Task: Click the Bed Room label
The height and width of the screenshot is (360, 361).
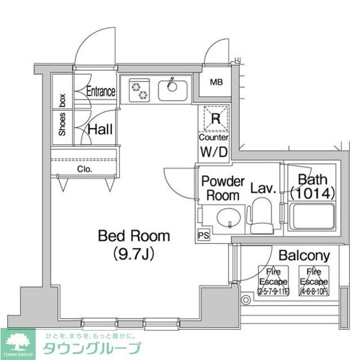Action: click(x=133, y=235)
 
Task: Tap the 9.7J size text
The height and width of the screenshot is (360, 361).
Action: click(x=133, y=254)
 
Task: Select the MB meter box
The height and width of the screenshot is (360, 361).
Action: click(x=217, y=83)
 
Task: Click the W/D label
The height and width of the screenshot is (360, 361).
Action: click(x=214, y=151)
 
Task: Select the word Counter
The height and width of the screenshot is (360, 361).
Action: click(x=214, y=137)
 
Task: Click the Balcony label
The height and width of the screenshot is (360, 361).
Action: click(x=303, y=256)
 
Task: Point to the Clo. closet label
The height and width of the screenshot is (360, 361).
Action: click(x=85, y=169)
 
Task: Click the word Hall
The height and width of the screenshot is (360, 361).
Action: click(x=100, y=130)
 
